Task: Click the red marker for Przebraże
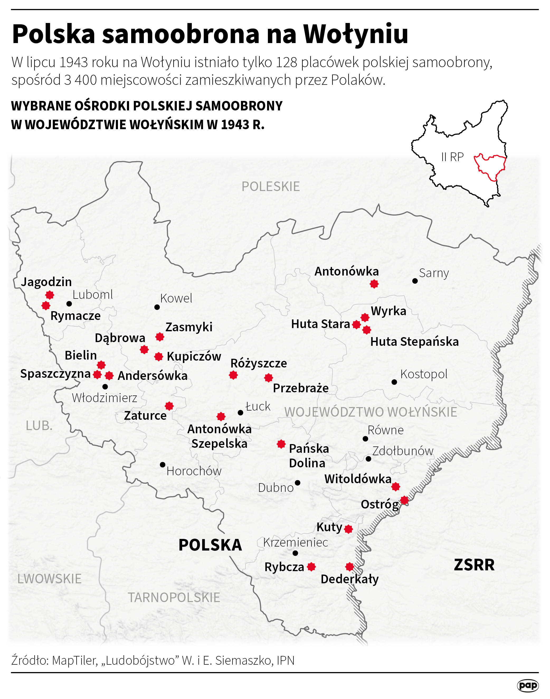(269, 378)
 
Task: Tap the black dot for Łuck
(240, 412)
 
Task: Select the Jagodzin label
(46, 282)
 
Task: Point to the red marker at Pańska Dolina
(281, 444)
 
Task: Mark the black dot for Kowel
(157, 307)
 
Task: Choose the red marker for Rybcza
(311, 567)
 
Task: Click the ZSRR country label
(474, 565)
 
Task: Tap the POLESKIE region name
(271, 187)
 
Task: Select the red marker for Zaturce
(169, 406)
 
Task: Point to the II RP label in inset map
(452, 157)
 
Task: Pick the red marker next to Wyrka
(365, 318)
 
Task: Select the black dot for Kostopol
(394, 382)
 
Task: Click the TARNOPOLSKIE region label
(174, 598)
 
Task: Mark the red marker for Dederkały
(350, 567)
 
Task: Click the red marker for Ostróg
(404, 501)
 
